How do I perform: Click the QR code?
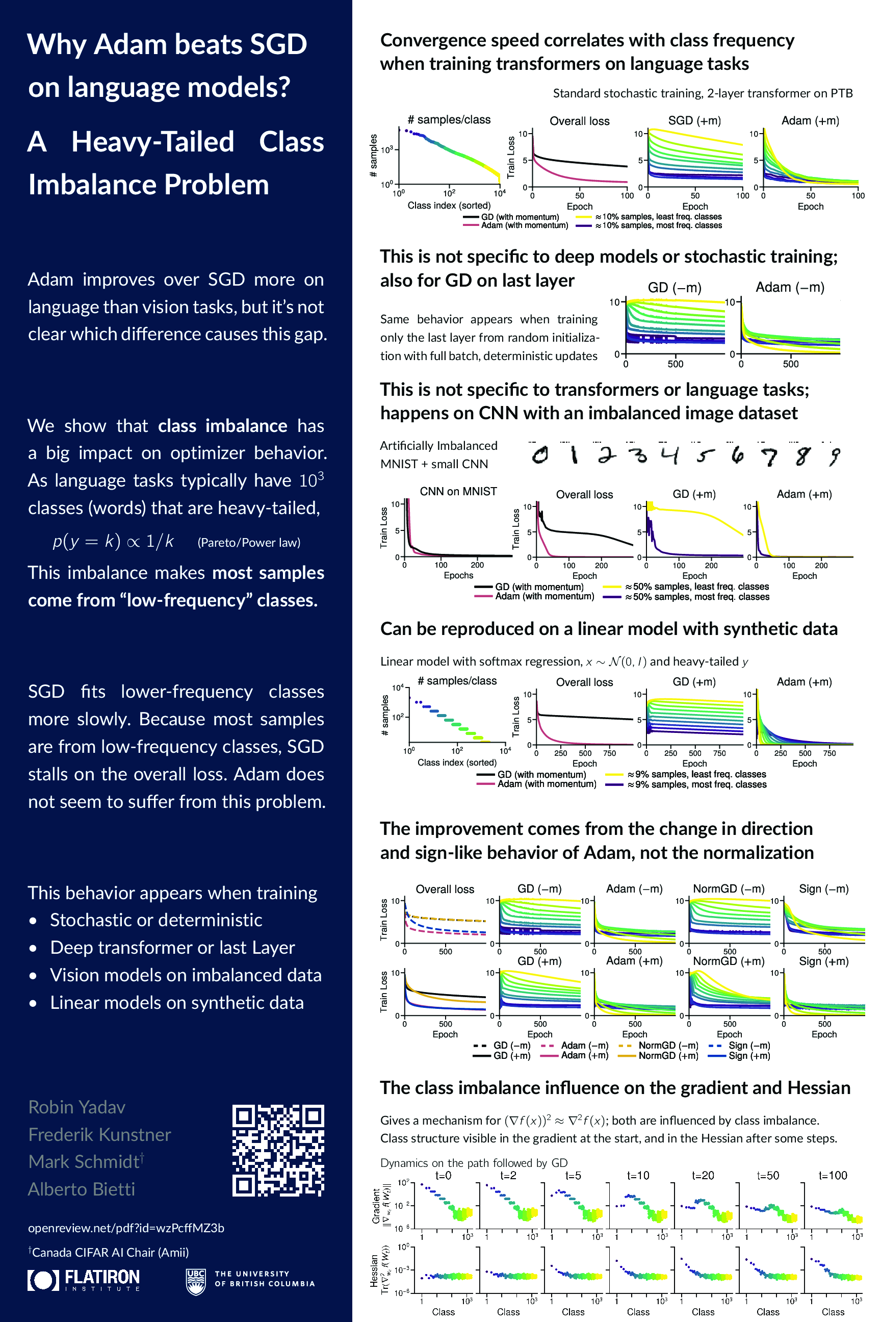(278, 1150)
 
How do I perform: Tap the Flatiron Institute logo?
(84, 1280)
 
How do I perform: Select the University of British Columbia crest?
(196, 1282)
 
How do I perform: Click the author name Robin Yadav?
(77, 1107)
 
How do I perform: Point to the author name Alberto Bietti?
(82, 1189)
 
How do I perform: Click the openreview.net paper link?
(126, 1228)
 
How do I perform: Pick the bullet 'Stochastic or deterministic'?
(156, 920)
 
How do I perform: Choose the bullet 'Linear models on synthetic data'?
(176, 1003)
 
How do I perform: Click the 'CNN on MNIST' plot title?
(458, 491)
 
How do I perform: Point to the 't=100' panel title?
(832, 1175)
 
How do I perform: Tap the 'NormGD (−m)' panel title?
(728, 888)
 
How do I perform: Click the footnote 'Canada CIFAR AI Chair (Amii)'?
(110, 1252)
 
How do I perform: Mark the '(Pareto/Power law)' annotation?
(248, 542)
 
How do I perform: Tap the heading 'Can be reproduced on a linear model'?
(609, 628)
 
